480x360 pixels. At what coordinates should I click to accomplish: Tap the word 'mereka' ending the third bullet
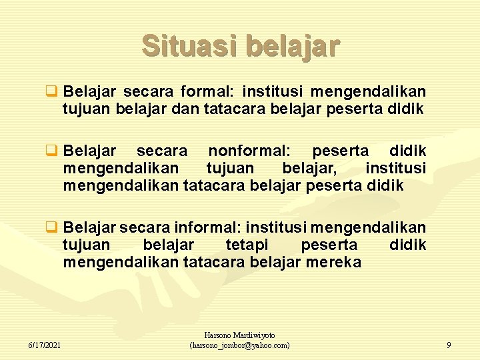(333, 262)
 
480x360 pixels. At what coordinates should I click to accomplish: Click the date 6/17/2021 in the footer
(45, 345)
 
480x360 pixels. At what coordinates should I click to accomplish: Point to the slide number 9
(448, 345)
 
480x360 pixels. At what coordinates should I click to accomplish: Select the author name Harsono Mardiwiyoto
(239, 336)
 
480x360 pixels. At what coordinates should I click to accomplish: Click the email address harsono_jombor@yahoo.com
(239, 345)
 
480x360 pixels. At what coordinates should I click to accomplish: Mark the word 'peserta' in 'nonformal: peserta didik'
(340, 151)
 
